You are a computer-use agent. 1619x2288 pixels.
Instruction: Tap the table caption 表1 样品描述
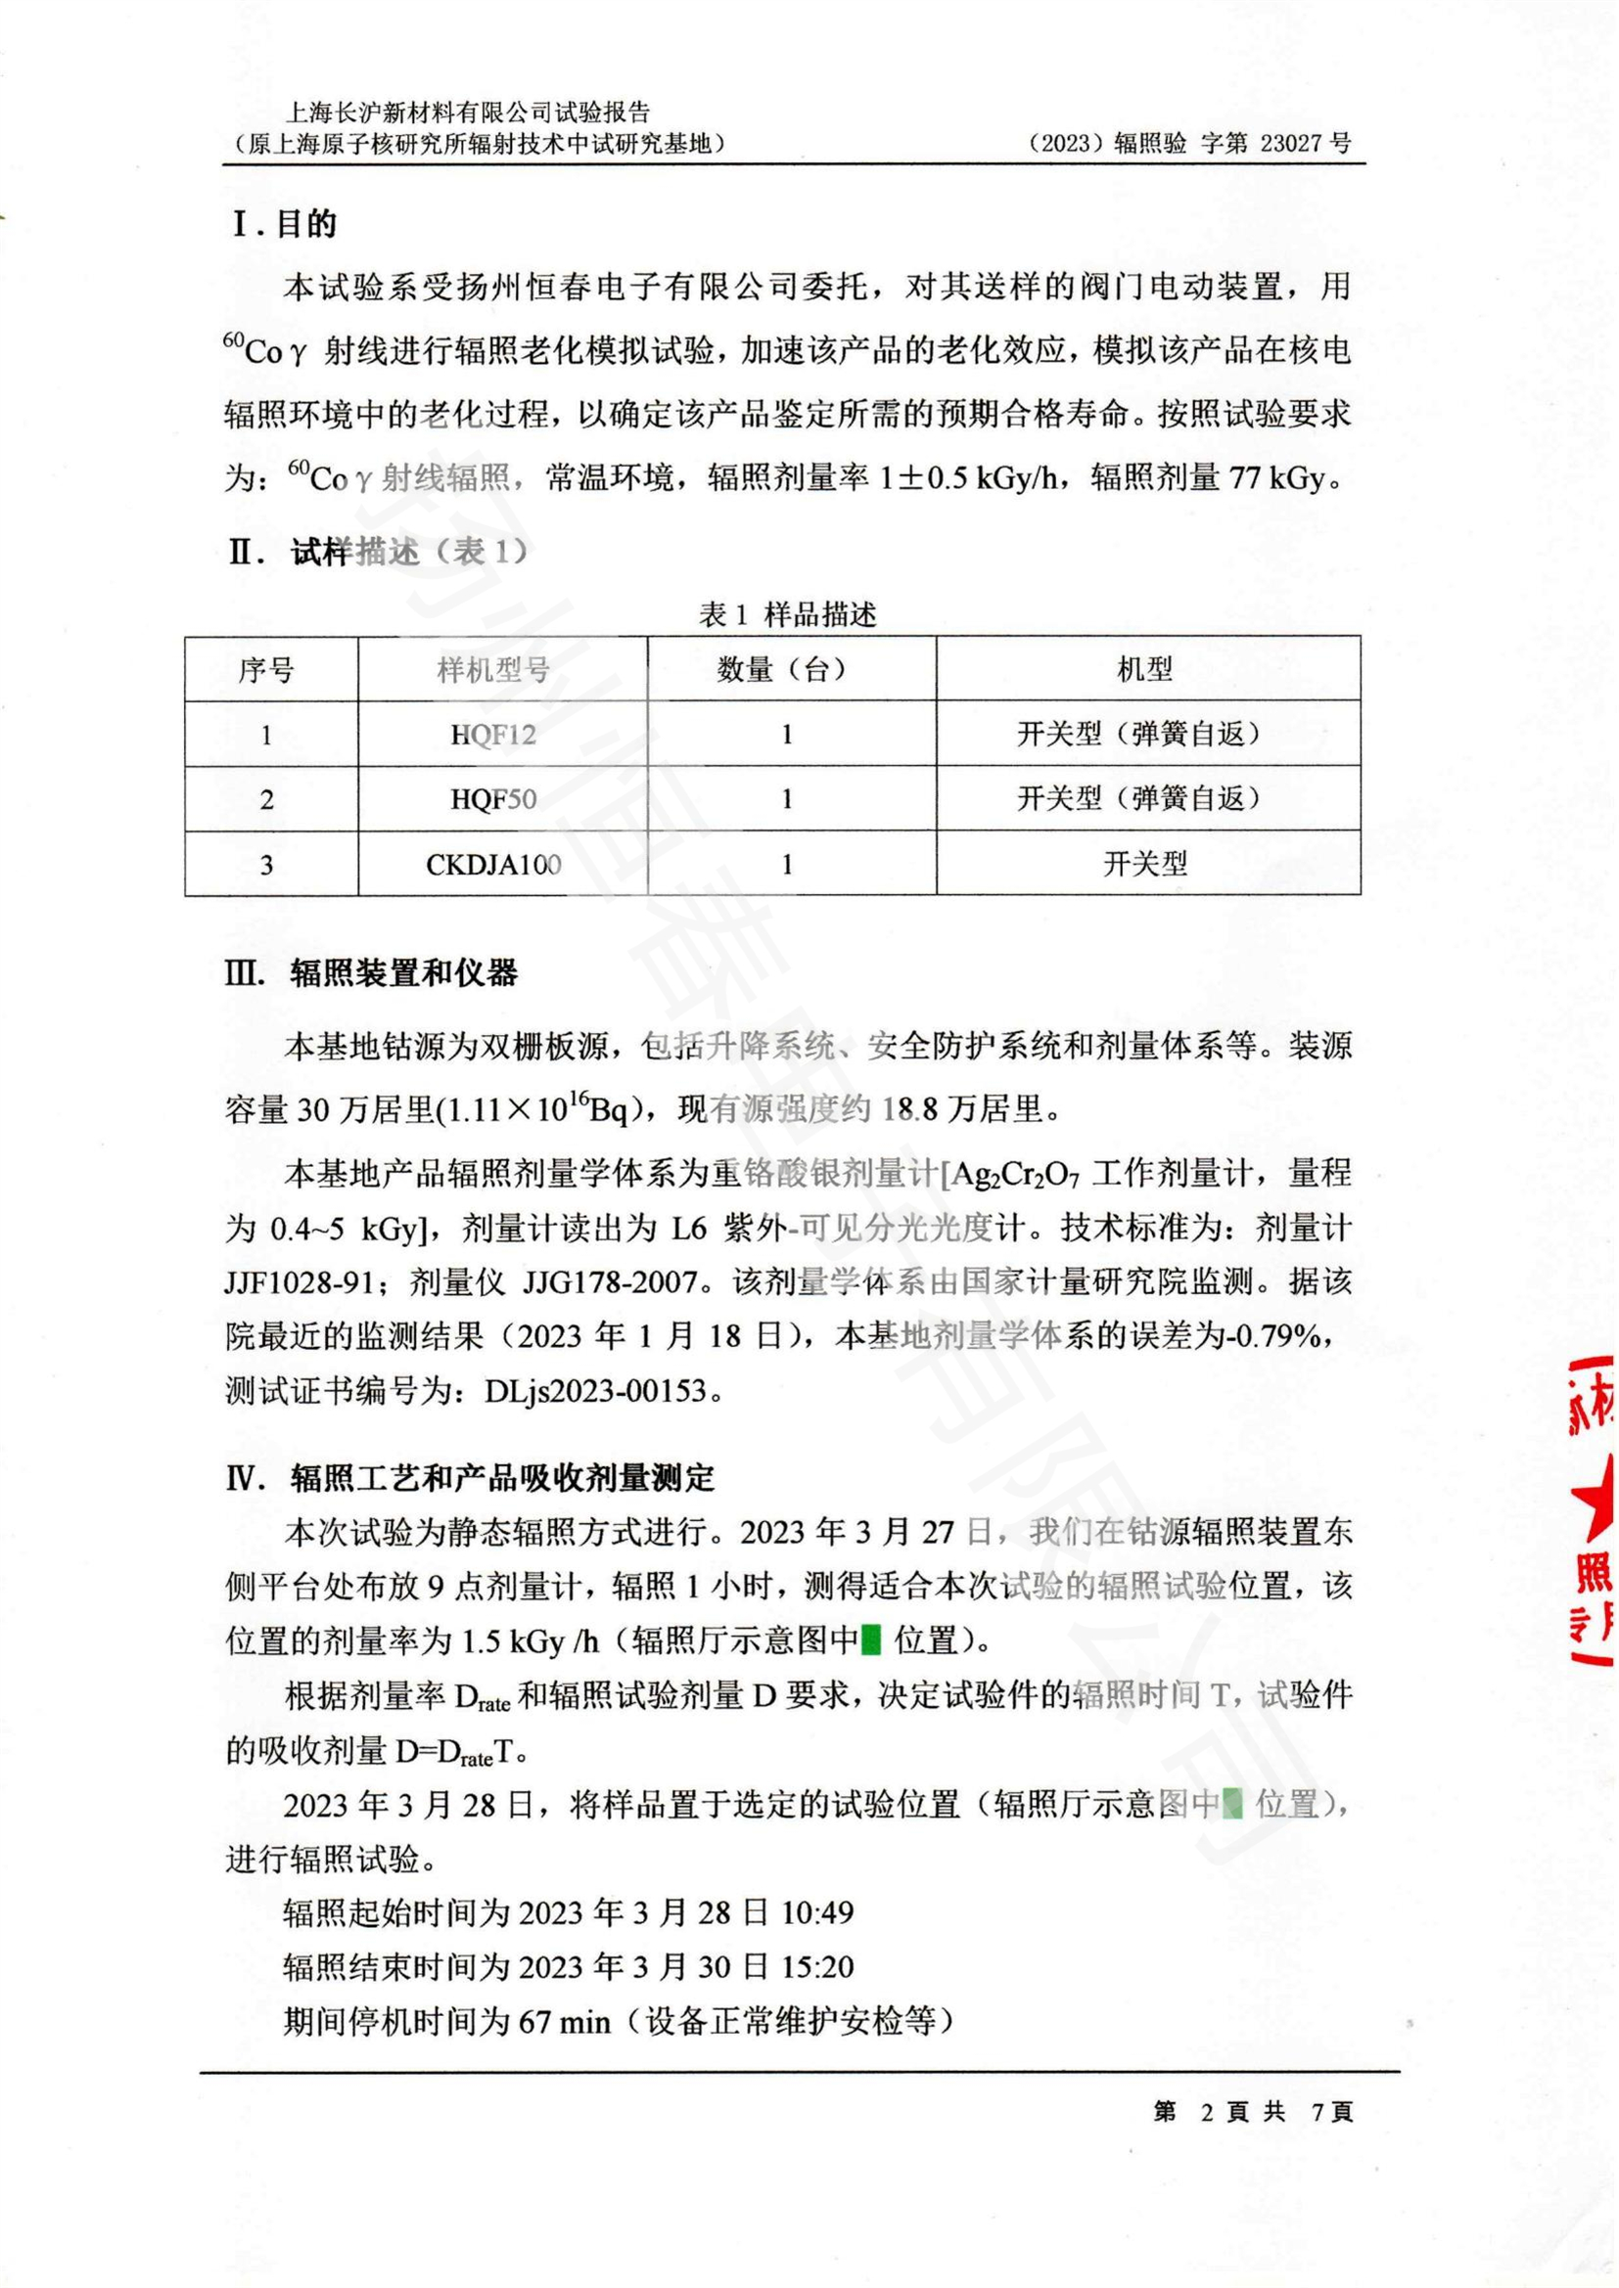click(788, 615)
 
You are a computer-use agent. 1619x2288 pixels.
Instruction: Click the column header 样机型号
click(493, 670)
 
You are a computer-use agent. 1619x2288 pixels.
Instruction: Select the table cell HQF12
click(493, 736)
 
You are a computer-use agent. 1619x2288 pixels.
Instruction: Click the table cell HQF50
click(493, 799)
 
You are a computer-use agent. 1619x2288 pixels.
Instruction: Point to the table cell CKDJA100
click(493, 864)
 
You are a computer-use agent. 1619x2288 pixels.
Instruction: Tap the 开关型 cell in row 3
click(1145, 864)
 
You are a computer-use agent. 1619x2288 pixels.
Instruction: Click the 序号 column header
click(266, 670)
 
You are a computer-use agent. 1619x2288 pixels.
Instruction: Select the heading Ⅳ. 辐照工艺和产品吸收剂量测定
click(471, 1477)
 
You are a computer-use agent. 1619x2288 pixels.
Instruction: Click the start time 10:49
click(817, 1912)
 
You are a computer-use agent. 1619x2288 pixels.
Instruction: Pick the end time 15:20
click(817, 1967)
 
